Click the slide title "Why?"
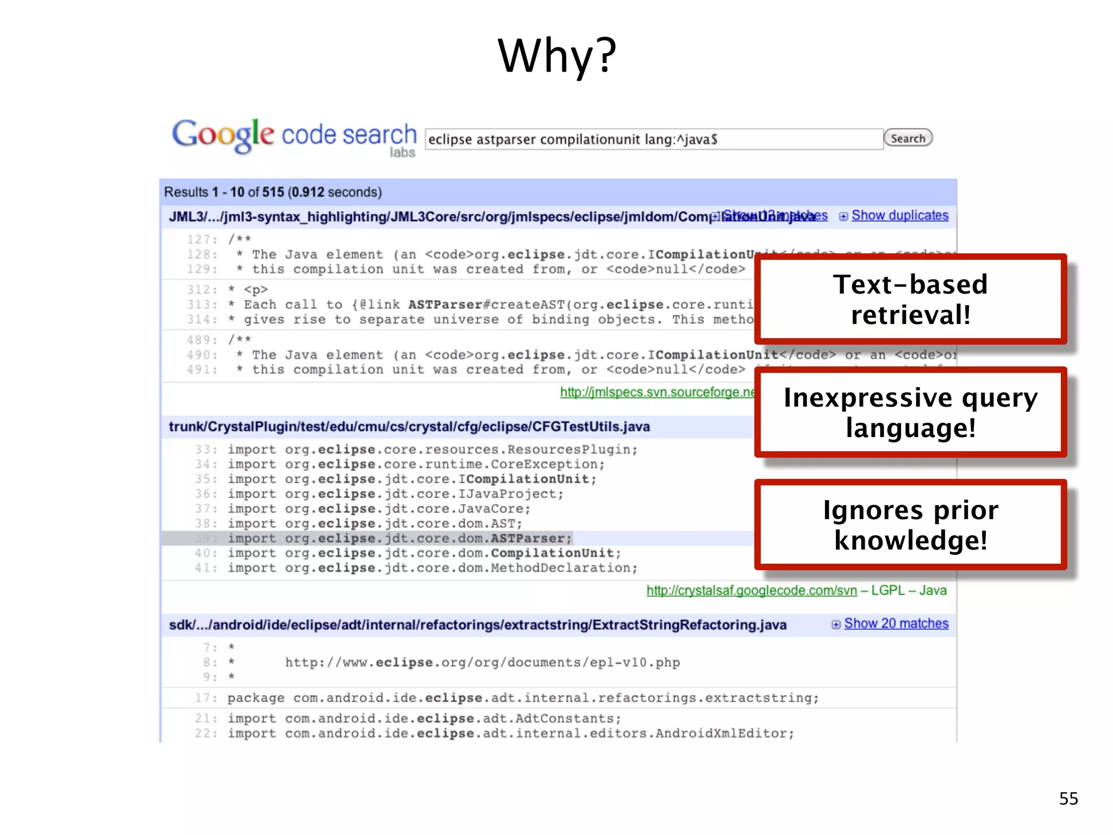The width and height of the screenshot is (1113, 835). pos(557,56)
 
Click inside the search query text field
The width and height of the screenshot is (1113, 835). pos(652,140)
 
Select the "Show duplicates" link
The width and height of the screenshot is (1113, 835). pos(899,216)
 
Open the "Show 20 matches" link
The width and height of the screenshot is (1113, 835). pos(896,624)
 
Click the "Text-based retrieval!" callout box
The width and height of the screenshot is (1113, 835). pos(910,300)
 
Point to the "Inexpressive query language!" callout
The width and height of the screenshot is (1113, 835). pos(910,413)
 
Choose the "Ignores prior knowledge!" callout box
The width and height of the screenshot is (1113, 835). pos(910,525)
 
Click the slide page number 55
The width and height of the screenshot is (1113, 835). pos(1068,799)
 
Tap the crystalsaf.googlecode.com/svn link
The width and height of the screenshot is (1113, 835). pos(752,591)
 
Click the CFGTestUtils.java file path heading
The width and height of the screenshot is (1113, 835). pos(409,427)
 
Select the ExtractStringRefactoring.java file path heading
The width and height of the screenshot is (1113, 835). pos(478,625)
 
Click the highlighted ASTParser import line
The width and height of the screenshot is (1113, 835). pos(399,539)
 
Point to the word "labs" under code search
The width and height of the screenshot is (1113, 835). pos(402,153)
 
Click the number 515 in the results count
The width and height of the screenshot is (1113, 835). pos(273,192)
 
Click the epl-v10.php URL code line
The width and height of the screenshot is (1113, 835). pos(482,663)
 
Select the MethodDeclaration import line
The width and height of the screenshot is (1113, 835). pos(432,568)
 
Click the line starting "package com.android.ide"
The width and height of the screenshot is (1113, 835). pos(523,698)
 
